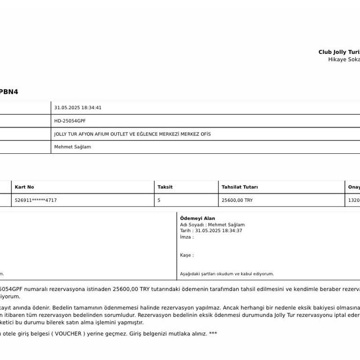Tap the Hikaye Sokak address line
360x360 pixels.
point(344,60)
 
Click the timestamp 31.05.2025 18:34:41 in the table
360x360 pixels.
point(78,108)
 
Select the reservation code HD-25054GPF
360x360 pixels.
point(70,121)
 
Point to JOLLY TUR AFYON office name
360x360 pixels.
point(132,134)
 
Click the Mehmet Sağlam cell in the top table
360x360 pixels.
point(73,147)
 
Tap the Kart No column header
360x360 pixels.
point(24,187)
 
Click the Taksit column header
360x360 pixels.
point(165,187)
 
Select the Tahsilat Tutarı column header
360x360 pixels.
point(240,187)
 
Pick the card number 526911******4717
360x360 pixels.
point(36,200)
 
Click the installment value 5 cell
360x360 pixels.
point(159,200)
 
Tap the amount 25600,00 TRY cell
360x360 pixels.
point(237,200)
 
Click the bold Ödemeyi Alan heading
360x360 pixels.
point(197,218)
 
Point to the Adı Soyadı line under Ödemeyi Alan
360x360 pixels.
point(212,225)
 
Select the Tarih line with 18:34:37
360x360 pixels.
point(211,231)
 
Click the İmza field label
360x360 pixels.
point(187,237)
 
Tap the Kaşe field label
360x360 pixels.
point(187,255)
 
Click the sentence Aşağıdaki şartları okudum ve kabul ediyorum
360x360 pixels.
point(227,274)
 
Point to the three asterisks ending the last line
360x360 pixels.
point(213,334)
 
